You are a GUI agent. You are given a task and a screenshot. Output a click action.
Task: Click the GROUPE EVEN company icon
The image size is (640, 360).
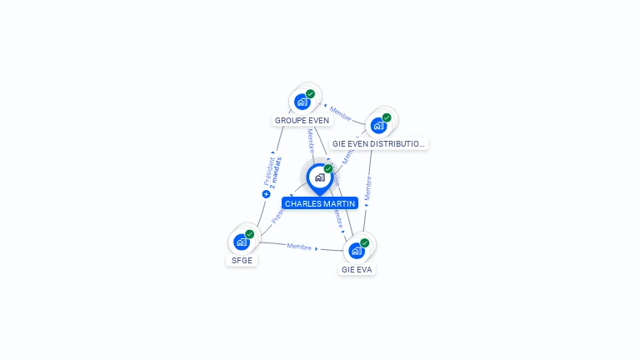point(302,102)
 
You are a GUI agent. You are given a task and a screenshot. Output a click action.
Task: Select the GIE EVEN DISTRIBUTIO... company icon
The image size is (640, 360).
point(379,126)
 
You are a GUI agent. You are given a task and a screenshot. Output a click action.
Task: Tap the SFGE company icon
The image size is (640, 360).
point(242,242)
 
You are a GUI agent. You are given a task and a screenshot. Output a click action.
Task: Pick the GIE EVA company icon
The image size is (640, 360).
point(357,250)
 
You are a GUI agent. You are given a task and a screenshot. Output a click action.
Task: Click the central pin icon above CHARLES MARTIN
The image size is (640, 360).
point(319,177)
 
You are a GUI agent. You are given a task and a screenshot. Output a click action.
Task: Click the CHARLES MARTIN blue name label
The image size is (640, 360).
point(320,203)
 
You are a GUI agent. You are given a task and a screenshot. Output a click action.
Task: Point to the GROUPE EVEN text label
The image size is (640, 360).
point(302,120)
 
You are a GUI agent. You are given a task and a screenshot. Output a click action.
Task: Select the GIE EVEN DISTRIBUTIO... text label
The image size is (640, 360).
point(379,143)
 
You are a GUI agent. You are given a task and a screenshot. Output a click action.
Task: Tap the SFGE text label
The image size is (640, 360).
point(241,260)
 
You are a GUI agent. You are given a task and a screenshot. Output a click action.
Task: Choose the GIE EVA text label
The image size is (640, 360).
point(357,269)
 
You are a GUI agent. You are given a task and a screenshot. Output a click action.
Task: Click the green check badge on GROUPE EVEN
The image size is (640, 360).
point(310,94)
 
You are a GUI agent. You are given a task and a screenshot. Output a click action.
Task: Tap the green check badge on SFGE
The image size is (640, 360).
point(249,234)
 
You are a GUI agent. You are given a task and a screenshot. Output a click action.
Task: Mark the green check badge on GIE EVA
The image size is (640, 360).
point(364,242)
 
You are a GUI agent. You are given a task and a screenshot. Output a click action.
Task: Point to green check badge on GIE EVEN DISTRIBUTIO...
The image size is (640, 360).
point(387,117)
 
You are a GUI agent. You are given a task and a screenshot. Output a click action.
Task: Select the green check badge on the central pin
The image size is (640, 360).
point(328,169)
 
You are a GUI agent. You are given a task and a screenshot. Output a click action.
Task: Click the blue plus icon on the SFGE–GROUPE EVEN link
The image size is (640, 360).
point(266,194)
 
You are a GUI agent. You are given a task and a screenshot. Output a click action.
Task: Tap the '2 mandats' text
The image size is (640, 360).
point(276,172)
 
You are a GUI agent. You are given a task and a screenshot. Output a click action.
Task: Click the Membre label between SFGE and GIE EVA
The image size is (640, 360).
point(299,247)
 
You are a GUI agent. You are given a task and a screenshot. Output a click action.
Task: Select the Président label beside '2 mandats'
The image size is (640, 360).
point(268,171)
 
